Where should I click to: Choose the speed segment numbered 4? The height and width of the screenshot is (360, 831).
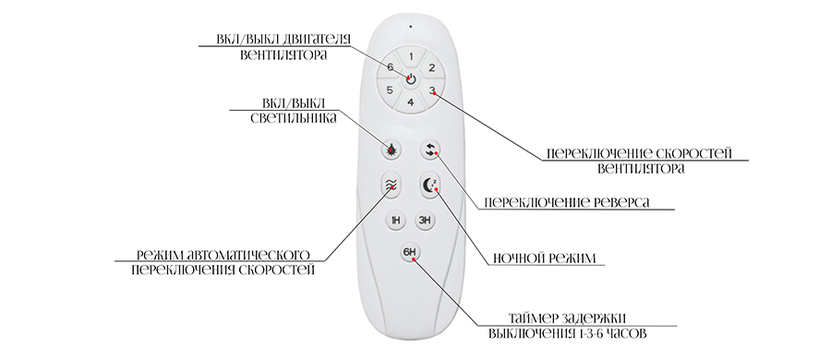pos(411,102)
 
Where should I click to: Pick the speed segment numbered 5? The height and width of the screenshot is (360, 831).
pos(391,90)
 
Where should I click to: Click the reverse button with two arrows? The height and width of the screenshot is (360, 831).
pos(430,150)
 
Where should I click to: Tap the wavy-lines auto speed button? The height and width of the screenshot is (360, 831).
pos(391,185)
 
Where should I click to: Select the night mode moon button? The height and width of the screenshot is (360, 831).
pos(430,185)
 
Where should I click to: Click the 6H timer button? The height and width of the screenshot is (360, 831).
pos(410,252)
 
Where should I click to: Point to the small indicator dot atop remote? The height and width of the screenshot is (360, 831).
pos(410,25)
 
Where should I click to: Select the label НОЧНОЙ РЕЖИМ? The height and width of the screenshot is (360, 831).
pos(544,258)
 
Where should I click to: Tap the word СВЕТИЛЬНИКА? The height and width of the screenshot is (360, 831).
pos(294,118)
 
